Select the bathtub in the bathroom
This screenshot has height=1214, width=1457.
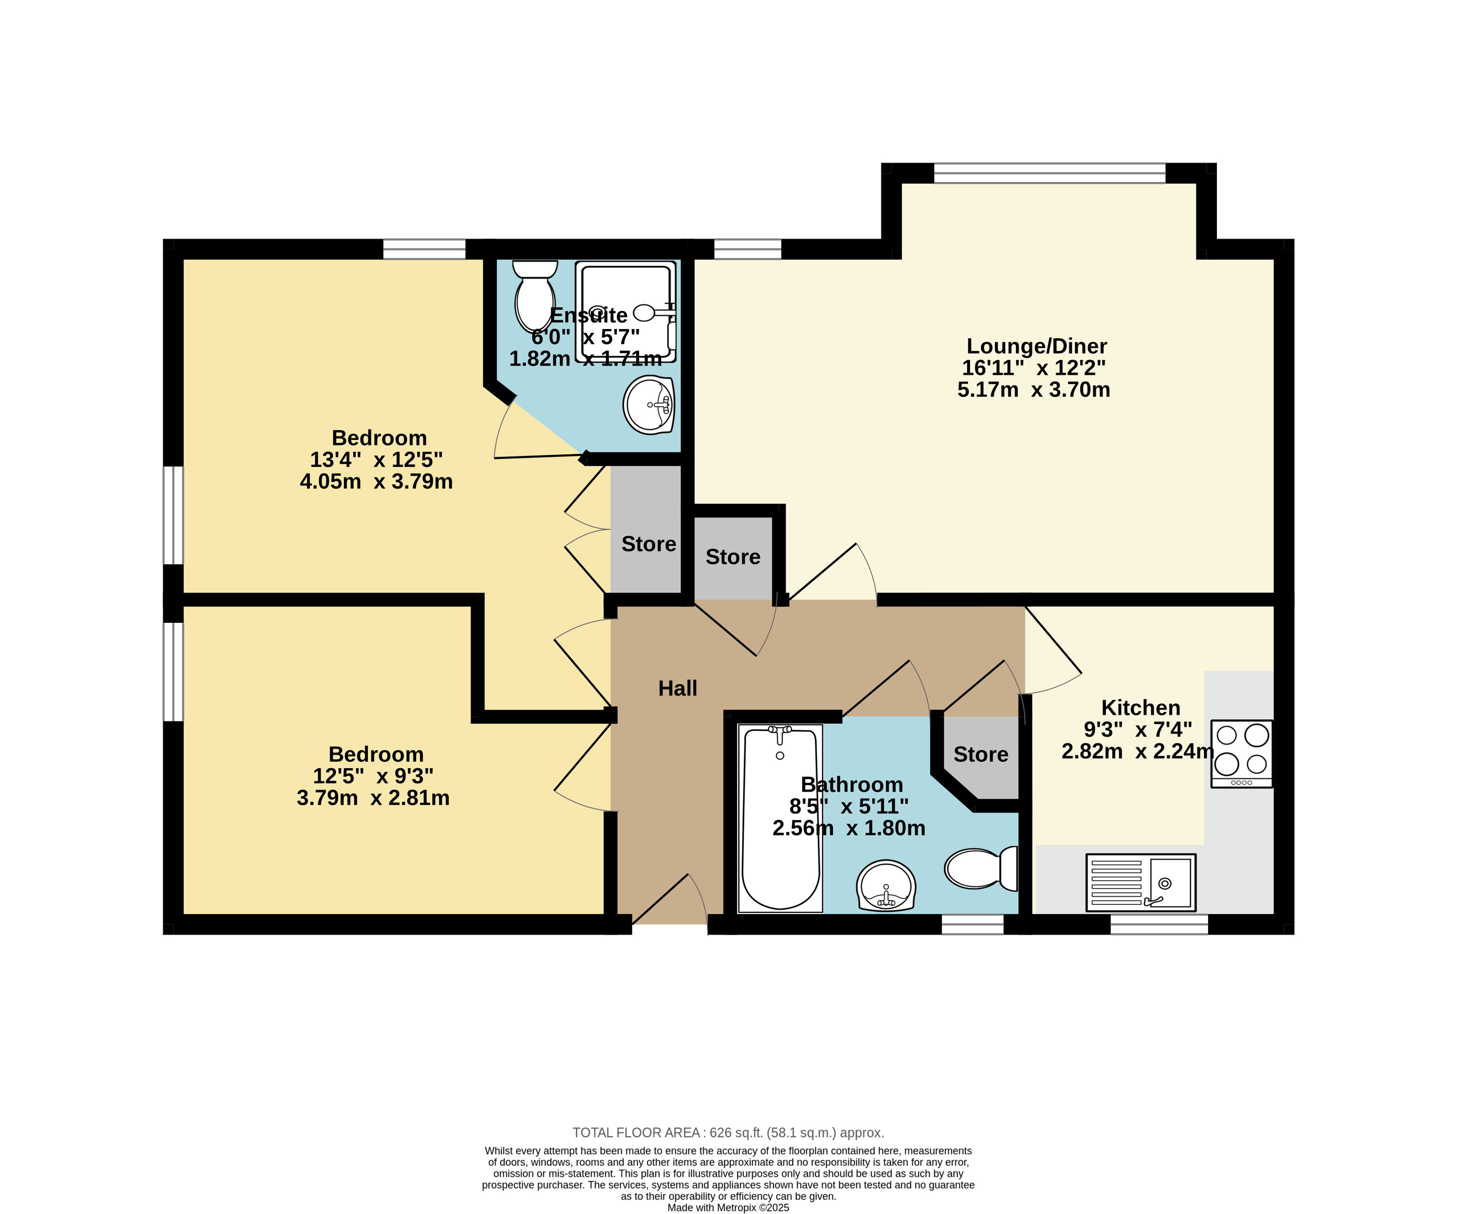pyautogui.click(x=781, y=818)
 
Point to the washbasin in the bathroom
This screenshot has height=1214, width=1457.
pyautogui.click(x=886, y=886)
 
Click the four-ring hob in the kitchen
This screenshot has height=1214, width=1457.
pyautogui.click(x=1242, y=753)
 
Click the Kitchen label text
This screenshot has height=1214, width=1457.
pyautogui.click(x=1140, y=708)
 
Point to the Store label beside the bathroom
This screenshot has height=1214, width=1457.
pyautogui.click(x=980, y=754)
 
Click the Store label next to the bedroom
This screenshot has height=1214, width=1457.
pyautogui.click(x=649, y=544)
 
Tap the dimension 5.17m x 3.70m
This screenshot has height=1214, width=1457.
pyautogui.click(x=1034, y=389)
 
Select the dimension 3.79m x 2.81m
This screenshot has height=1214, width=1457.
pyautogui.click(x=373, y=798)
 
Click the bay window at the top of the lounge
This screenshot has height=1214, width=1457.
pyautogui.click(x=1050, y=173)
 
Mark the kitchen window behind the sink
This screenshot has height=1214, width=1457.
pyautogui.click(x=1160, y=924)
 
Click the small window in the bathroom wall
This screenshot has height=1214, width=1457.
pyautogui.click(x=973, y=924)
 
